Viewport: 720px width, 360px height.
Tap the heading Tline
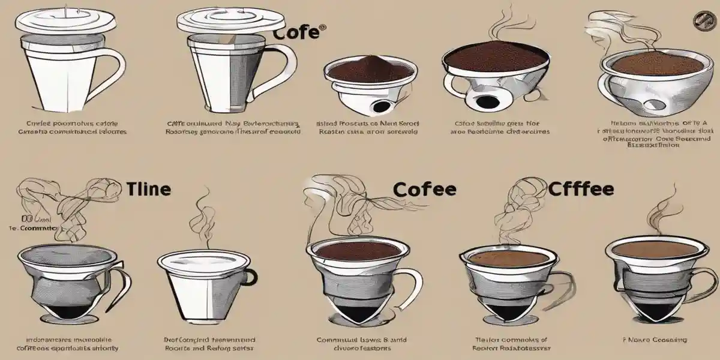point(148,190)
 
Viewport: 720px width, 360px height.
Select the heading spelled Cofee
point(424,190)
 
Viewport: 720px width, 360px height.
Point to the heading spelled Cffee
point(580,190)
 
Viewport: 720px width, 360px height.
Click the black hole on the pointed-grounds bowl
point(380,107)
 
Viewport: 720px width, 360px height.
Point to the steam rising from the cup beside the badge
point(636,36)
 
